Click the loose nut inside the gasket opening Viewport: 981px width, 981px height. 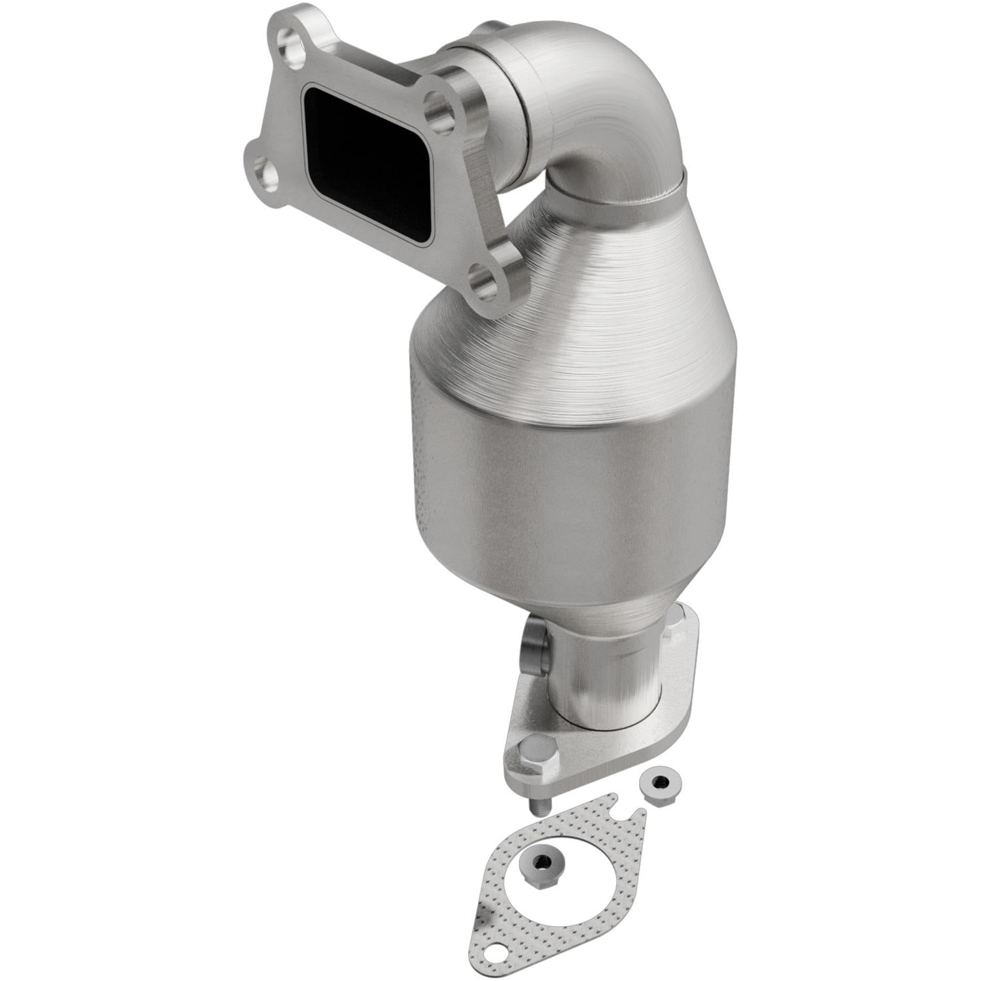541,864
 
